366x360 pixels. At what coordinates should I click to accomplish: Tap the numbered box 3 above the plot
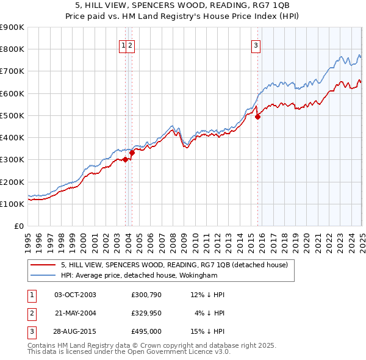click(256, 45)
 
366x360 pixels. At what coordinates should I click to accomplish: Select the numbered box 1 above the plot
click(123, 45)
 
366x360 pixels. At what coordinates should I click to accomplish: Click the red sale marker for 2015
click(257, 117)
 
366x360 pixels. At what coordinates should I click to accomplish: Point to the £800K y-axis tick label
click(12, 49)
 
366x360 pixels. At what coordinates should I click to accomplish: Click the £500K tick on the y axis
click(12, 115)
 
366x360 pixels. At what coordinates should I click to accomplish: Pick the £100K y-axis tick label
click(12, 204)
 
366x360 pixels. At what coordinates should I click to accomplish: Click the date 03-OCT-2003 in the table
click(75, 295)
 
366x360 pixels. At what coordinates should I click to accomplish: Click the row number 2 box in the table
click(31, 313)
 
